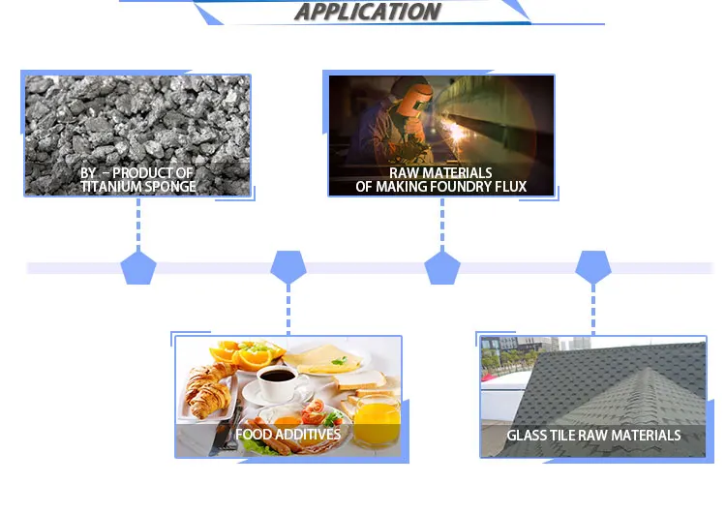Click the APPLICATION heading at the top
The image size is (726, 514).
point(367,12)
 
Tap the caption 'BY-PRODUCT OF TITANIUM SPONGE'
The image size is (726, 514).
point(137,180)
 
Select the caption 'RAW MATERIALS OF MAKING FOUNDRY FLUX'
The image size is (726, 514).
point(441,180)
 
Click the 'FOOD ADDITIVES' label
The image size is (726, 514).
point(287,435)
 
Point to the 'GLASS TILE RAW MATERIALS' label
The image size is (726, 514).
point(593,436)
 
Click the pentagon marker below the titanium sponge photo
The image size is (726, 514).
point(137,267)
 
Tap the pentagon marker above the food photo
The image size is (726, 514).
point(287,267)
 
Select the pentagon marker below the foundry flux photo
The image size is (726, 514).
point(441,267)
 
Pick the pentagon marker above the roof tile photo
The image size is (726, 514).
point(593,267)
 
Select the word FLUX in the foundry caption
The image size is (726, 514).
point(509,187)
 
